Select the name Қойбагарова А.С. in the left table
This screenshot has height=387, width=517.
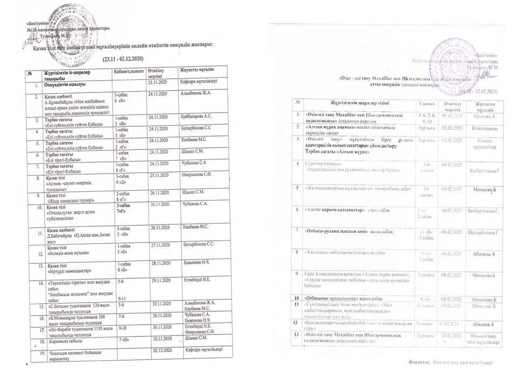(x=197, y=116)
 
